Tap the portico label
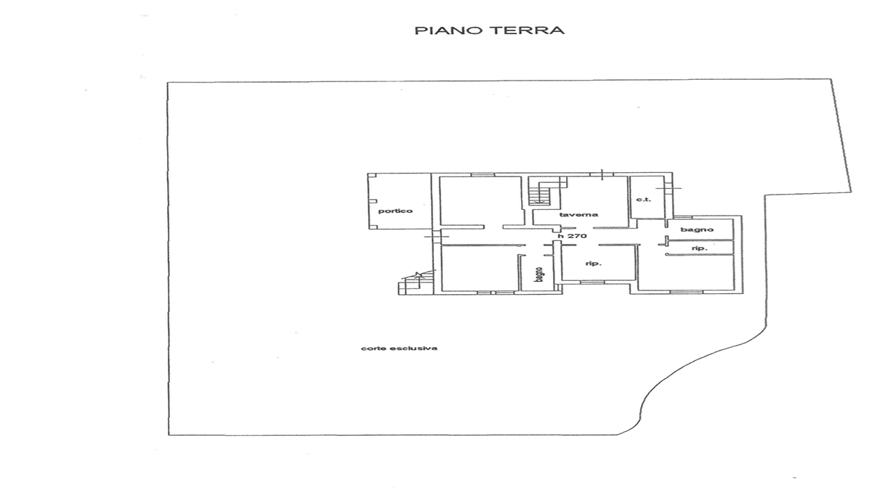coord(395,211)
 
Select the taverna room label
coord(578,214)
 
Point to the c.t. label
coord(643,200)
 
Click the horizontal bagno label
coord(697,229)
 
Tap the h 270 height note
coord(573,236)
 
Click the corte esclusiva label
coord(399,348)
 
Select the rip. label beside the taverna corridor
coord(594,264)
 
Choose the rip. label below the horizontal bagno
coord(700,248)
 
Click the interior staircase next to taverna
coord(538,194)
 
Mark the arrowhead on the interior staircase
coord(538,202)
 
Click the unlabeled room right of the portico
coord(481,200)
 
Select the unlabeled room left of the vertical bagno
coord(479,268)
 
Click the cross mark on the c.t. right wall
coord(669,189)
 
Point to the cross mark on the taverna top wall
coord(602,175)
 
